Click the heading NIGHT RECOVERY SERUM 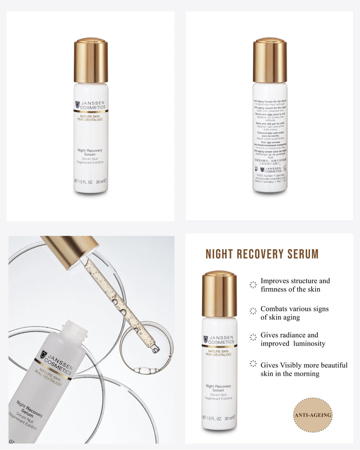pyautogui.click(x=262, y=254)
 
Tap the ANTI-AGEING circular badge pyautogui.click(x=312, y=415)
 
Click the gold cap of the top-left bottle pyautogui.click(x=91, y=61)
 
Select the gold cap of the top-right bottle pyautogui.click(x=270, y=61)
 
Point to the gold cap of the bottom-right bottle pyautogui.click(x=219, y=294)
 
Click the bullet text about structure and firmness pyautogui.click(x=295, y=285)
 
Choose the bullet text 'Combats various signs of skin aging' pyautogui.click(x=294, y=313)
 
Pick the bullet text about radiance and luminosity pyautogui.click(x=292, y=339)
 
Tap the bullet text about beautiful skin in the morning pyautogui.click(x=304, y=369)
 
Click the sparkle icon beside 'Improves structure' pyautogui.click(x=253, y=284)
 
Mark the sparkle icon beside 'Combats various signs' pyautogui.click(x=253, y=310)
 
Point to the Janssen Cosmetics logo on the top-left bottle pyautogui.click(x=90, y=105)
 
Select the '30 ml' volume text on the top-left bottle pyautogui.click(x=100, y=181)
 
